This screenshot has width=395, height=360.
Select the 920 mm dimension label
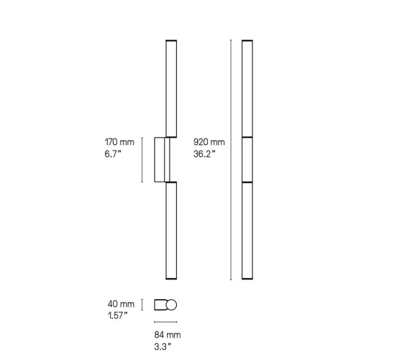209,142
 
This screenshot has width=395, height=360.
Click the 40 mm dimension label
120,304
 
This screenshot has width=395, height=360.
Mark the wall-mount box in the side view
160,159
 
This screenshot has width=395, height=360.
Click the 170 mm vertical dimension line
143,159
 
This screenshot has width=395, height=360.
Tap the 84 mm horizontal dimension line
166,322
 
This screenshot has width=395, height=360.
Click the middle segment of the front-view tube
248,159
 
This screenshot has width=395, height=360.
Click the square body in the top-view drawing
161,305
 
